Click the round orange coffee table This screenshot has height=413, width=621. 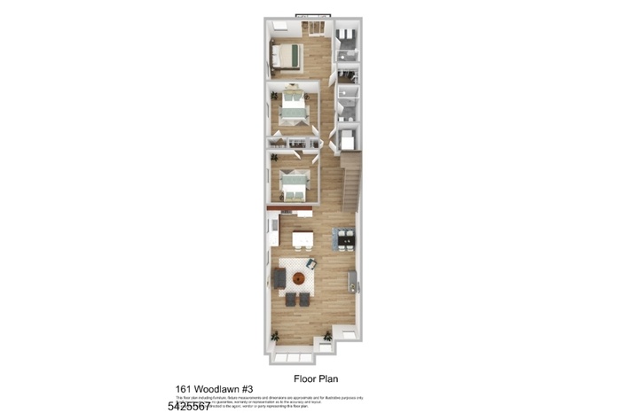298,280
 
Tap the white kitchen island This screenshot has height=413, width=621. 302,238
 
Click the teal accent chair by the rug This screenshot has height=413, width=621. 311,262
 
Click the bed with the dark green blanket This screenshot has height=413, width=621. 287,58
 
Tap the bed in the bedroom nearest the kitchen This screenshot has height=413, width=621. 293,184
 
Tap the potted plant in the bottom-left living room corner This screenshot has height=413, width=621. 276,336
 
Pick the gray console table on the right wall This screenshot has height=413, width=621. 353,281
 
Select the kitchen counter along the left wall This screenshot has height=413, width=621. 272,236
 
